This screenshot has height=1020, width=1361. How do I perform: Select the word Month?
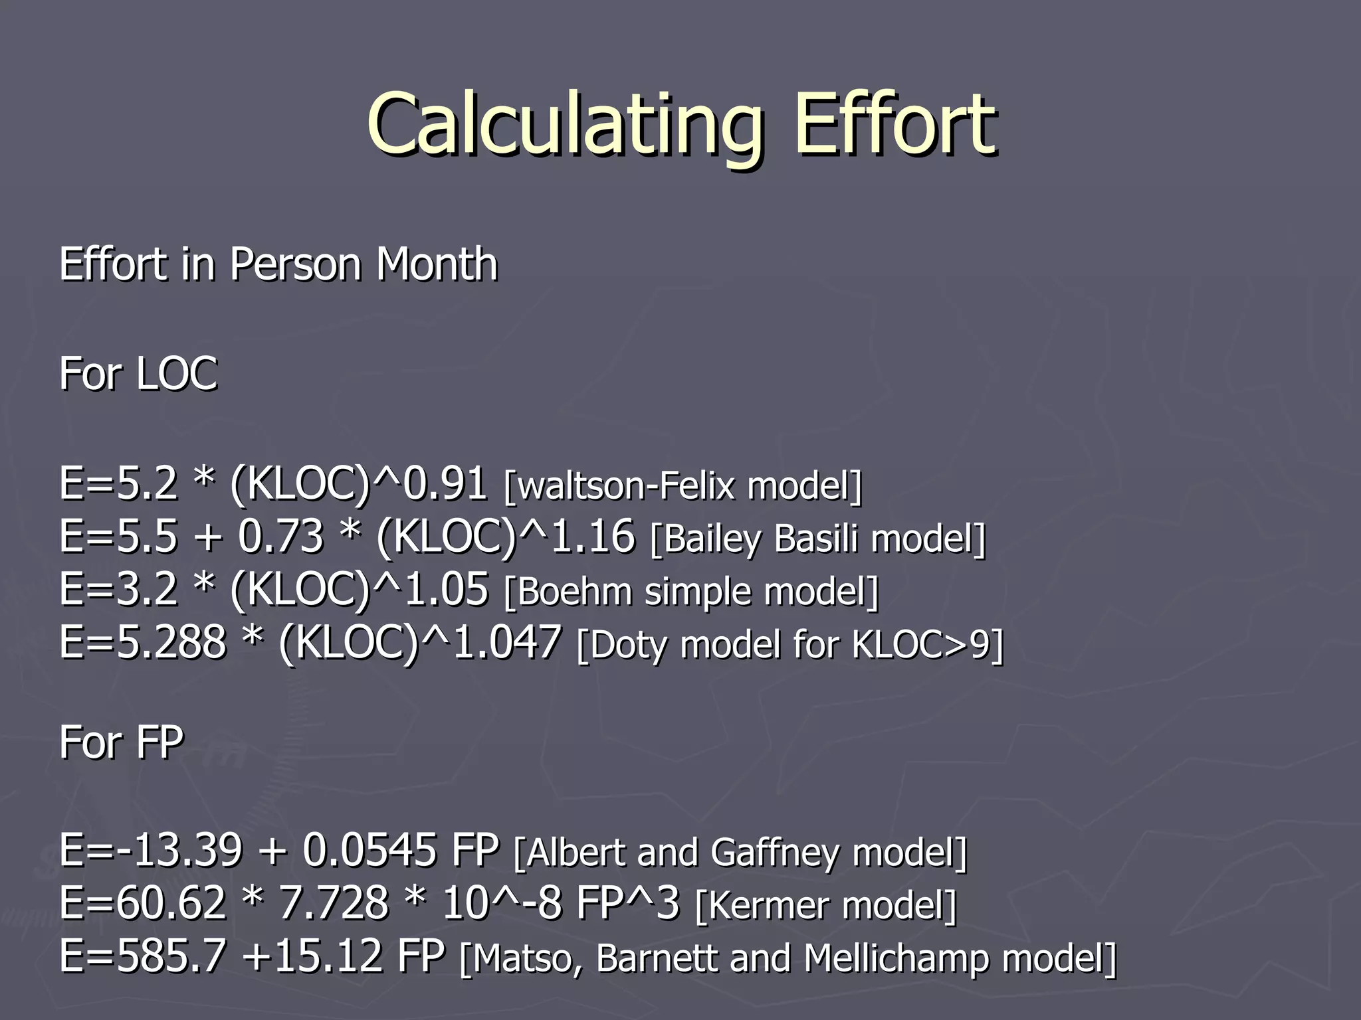(437, 264)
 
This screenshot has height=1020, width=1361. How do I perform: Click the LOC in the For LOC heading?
(177, 373)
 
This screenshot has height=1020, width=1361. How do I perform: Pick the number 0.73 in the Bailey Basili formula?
(280, 536)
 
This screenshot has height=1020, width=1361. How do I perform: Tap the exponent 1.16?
(593, 536)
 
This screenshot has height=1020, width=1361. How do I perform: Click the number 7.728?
(333, 903)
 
